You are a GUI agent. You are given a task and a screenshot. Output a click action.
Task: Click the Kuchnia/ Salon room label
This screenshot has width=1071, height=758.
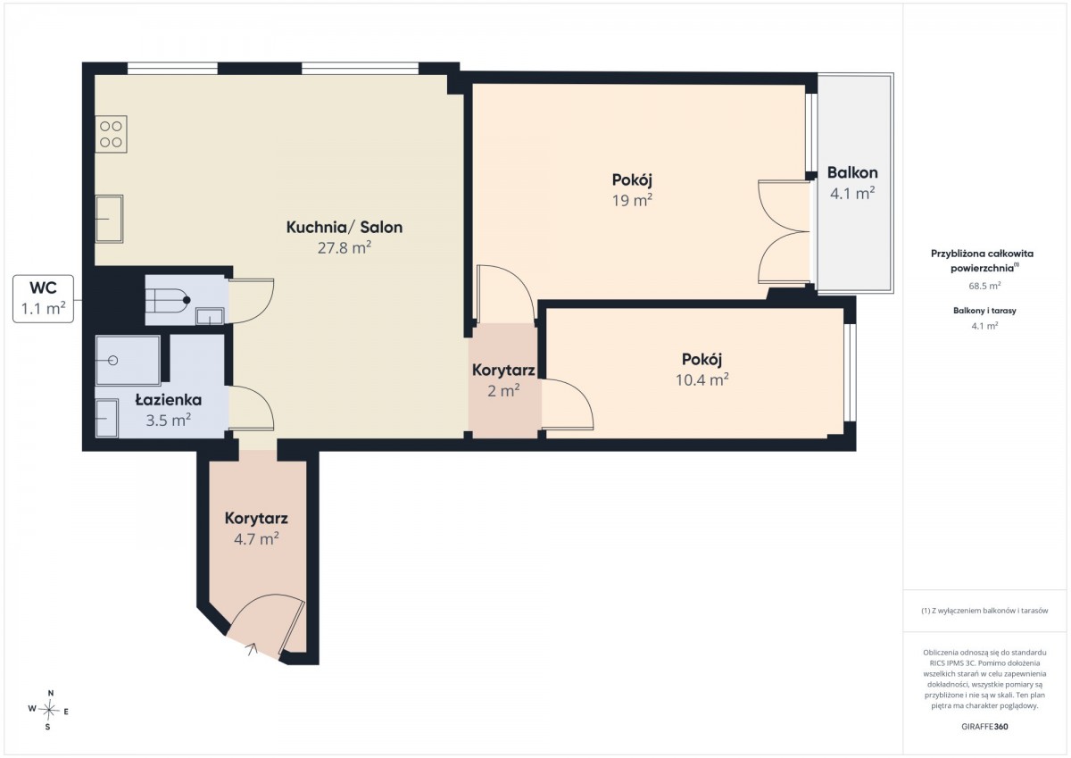(345, 227)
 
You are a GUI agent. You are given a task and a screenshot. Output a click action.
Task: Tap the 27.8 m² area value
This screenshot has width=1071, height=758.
(345, 247)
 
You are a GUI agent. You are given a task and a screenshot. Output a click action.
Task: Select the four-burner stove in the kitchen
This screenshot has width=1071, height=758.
(111, 134)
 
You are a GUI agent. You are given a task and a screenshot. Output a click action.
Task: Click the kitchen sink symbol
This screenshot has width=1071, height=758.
(109, 219)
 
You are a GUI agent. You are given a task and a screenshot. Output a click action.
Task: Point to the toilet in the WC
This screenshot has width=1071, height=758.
(168, 300)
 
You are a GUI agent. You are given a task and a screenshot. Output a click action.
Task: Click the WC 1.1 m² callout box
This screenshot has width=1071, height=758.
(43, 298)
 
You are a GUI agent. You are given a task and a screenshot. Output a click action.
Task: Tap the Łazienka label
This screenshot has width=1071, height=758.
(169, 400)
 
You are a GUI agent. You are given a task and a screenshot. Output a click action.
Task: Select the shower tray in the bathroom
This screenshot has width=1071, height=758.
(129, 360)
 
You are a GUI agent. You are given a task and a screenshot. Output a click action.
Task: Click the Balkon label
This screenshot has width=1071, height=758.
(852, 172)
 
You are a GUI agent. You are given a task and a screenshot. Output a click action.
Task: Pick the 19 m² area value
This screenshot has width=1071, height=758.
(632, 200)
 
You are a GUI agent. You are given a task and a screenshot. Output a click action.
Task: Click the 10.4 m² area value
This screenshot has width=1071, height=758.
(702, 379)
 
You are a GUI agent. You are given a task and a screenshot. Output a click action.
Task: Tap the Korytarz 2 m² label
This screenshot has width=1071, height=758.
(503, 380)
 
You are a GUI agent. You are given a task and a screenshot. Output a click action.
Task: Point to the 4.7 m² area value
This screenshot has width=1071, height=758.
(256, 539)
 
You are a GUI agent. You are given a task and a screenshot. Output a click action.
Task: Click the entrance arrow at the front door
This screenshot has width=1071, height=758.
(252, 648)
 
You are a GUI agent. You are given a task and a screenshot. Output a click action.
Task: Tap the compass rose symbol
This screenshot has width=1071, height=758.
(48, 710)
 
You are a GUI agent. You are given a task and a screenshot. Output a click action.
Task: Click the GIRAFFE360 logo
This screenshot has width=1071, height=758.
(984, 727)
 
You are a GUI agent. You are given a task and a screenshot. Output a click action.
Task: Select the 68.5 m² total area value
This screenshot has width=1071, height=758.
(984, 286)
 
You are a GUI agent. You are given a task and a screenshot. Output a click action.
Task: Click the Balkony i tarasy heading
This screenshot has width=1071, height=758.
(984, 311)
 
